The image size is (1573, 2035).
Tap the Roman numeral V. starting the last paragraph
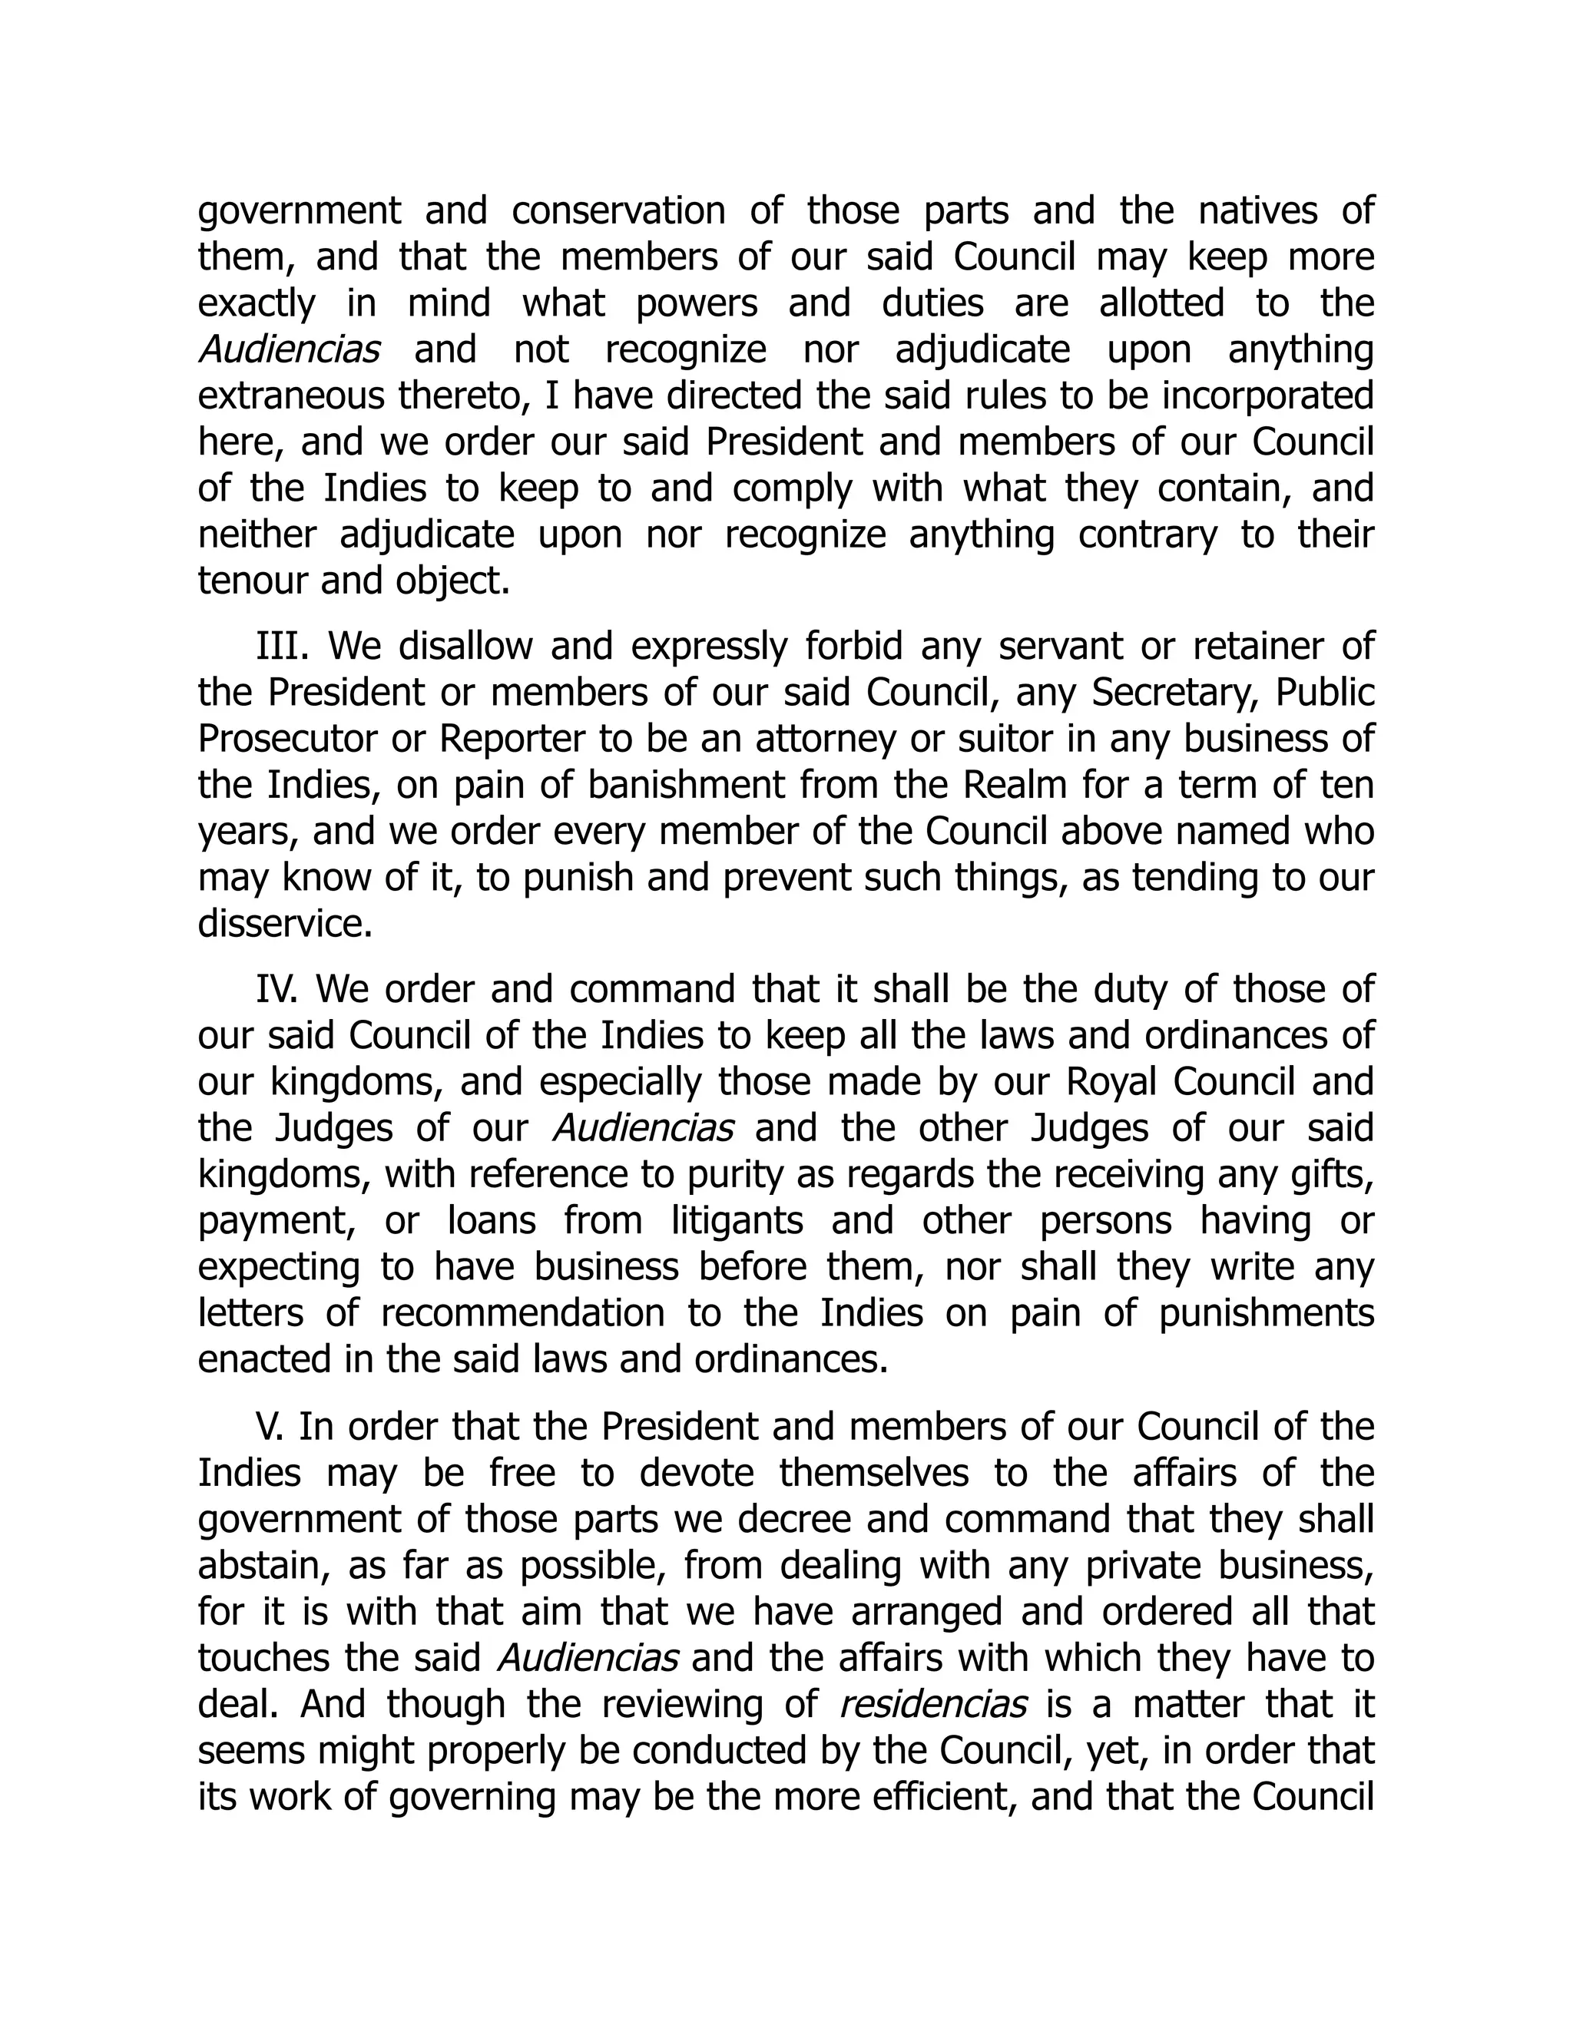point(270,1427)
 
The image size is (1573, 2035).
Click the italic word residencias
point(932,1703)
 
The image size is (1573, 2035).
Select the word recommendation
point(522,1313)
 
